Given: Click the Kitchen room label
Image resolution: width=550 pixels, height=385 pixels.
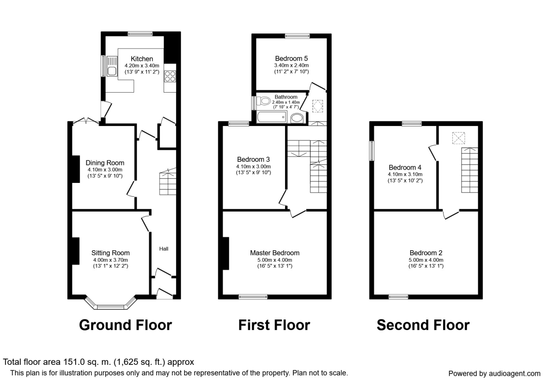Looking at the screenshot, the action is click(142, 59).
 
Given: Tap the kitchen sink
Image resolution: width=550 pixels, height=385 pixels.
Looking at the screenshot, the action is click(112, 66).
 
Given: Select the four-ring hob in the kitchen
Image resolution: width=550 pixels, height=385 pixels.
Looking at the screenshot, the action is click(170, 76).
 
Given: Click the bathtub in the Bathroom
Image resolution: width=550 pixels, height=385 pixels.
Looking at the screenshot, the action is click(271, 117).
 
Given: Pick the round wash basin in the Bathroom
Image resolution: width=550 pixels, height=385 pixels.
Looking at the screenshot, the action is click(297, 118).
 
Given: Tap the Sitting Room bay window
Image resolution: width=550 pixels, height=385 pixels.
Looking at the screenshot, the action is click(110, 303).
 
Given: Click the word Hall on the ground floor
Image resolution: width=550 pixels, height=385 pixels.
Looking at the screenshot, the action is click(164, 249).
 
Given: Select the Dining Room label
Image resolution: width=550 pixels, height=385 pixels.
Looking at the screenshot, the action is click(105, 163).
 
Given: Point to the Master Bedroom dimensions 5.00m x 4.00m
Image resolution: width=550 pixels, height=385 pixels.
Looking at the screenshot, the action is click(275, 260).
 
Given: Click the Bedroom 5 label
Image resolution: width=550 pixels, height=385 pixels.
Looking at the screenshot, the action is click(291, 59).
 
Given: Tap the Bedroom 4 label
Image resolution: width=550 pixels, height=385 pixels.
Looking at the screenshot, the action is click(405, 167).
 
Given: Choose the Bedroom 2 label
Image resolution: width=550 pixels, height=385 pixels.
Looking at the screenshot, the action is click(426, 253).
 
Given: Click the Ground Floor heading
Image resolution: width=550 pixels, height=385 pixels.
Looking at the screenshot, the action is click(126, 325).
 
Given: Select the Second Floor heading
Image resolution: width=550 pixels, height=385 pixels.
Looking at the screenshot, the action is click(423, 325).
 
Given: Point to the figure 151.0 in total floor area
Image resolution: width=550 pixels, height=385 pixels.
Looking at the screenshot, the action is click(74, 362).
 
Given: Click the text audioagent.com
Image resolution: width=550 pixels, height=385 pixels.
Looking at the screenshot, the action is click(515, 374).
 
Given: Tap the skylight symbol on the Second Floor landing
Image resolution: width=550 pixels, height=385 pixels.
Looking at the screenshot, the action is click(459, 138).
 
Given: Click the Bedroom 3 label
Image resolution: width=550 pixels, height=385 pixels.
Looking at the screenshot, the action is click(253, 159).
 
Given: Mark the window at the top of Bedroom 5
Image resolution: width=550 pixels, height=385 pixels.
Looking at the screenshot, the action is click(297, 36).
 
